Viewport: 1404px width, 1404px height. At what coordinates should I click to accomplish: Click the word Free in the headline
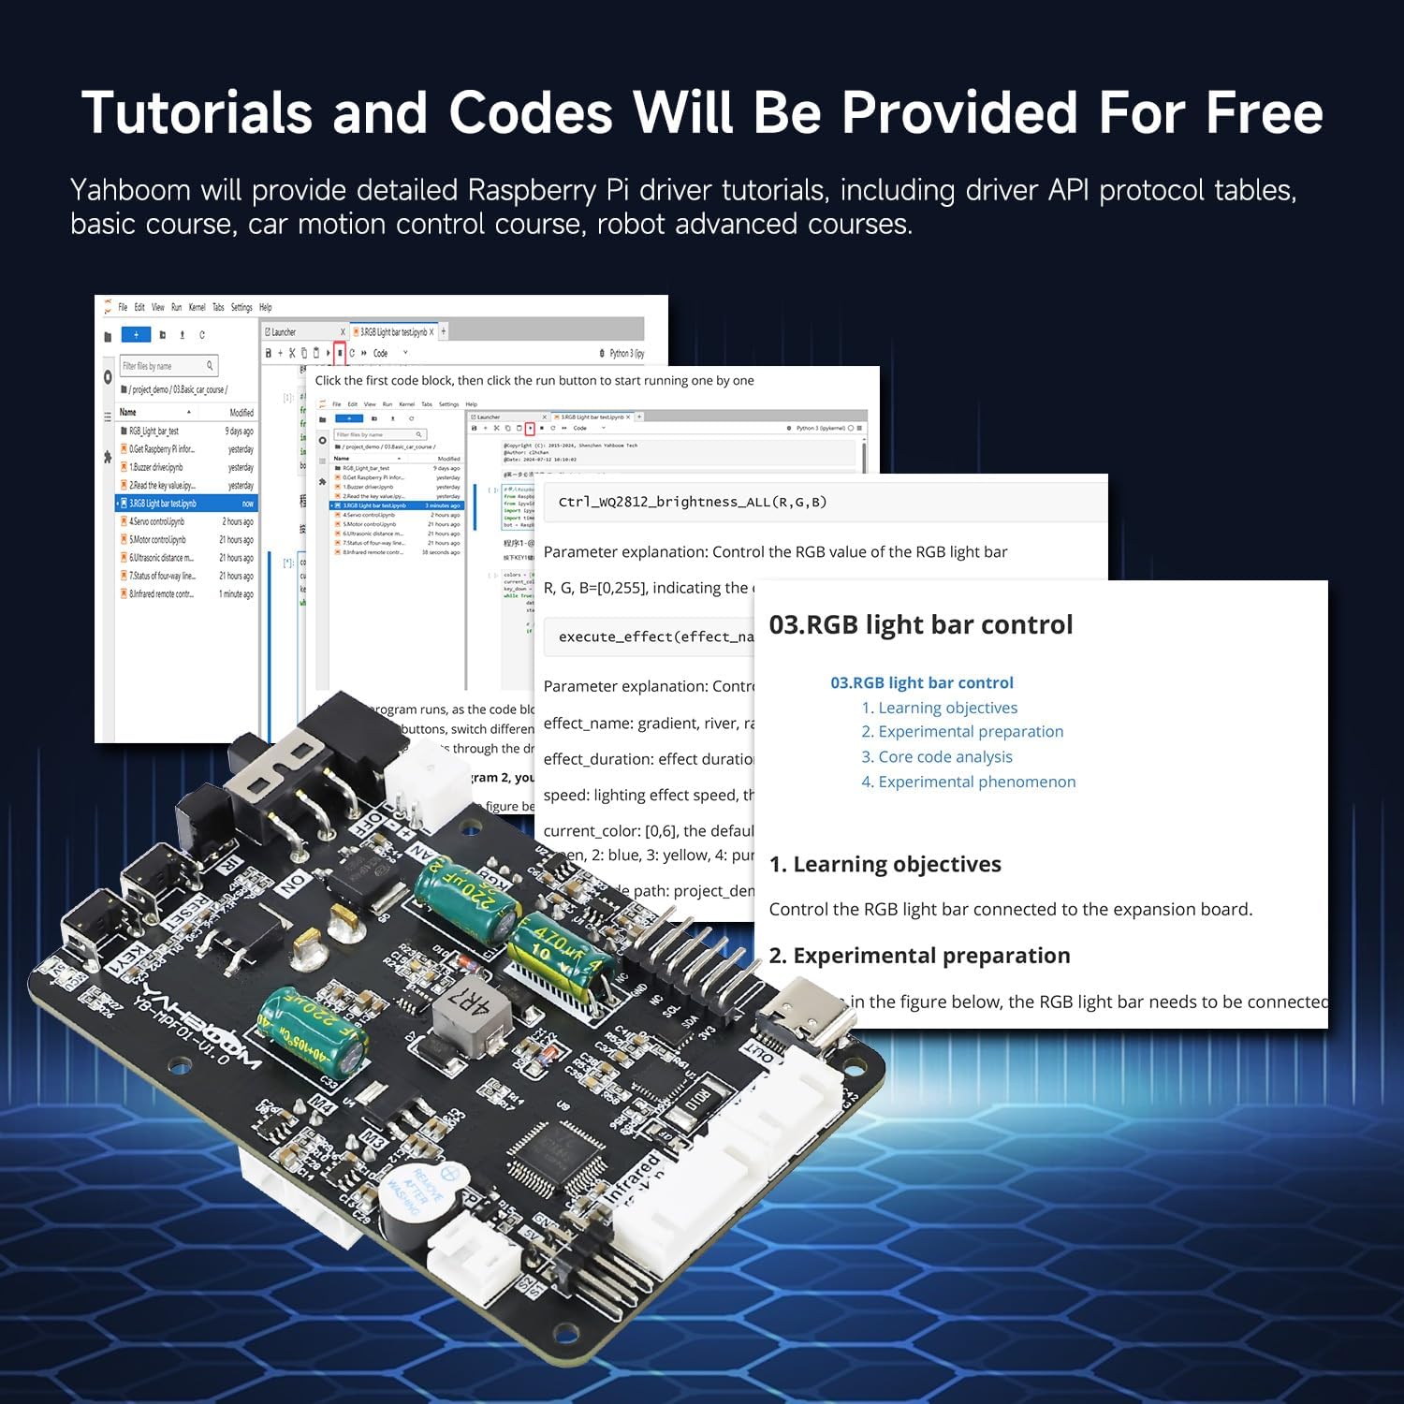(x=1264, y=113)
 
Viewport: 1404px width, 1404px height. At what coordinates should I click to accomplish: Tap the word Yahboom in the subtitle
(x=130, y=190)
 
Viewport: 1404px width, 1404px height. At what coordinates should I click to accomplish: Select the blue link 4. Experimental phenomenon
(x=968, y=782)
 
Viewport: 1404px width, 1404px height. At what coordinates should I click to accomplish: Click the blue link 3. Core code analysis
(x=936, y=756)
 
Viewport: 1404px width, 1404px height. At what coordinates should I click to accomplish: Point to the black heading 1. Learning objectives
(x=885, y=864)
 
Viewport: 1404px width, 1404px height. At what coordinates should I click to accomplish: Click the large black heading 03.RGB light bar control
(x=920, y=624)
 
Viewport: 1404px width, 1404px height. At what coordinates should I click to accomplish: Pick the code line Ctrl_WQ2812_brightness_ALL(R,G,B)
(x=692, y=502)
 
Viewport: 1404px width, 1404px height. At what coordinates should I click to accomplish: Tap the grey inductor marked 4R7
(x=472, y=1010)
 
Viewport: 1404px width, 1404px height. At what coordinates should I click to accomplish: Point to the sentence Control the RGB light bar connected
(x=1010, y=909)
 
